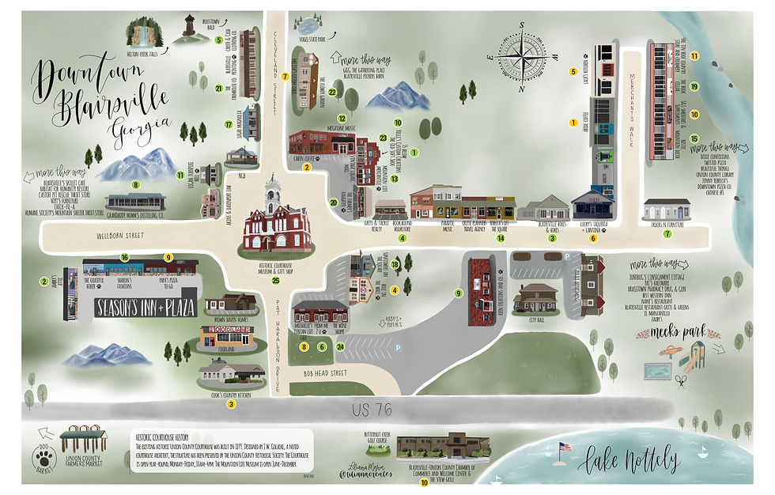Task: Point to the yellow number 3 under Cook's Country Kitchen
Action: point(231,404)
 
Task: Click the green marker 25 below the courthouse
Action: point(275,280)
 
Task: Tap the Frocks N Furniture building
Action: point(666,210)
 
